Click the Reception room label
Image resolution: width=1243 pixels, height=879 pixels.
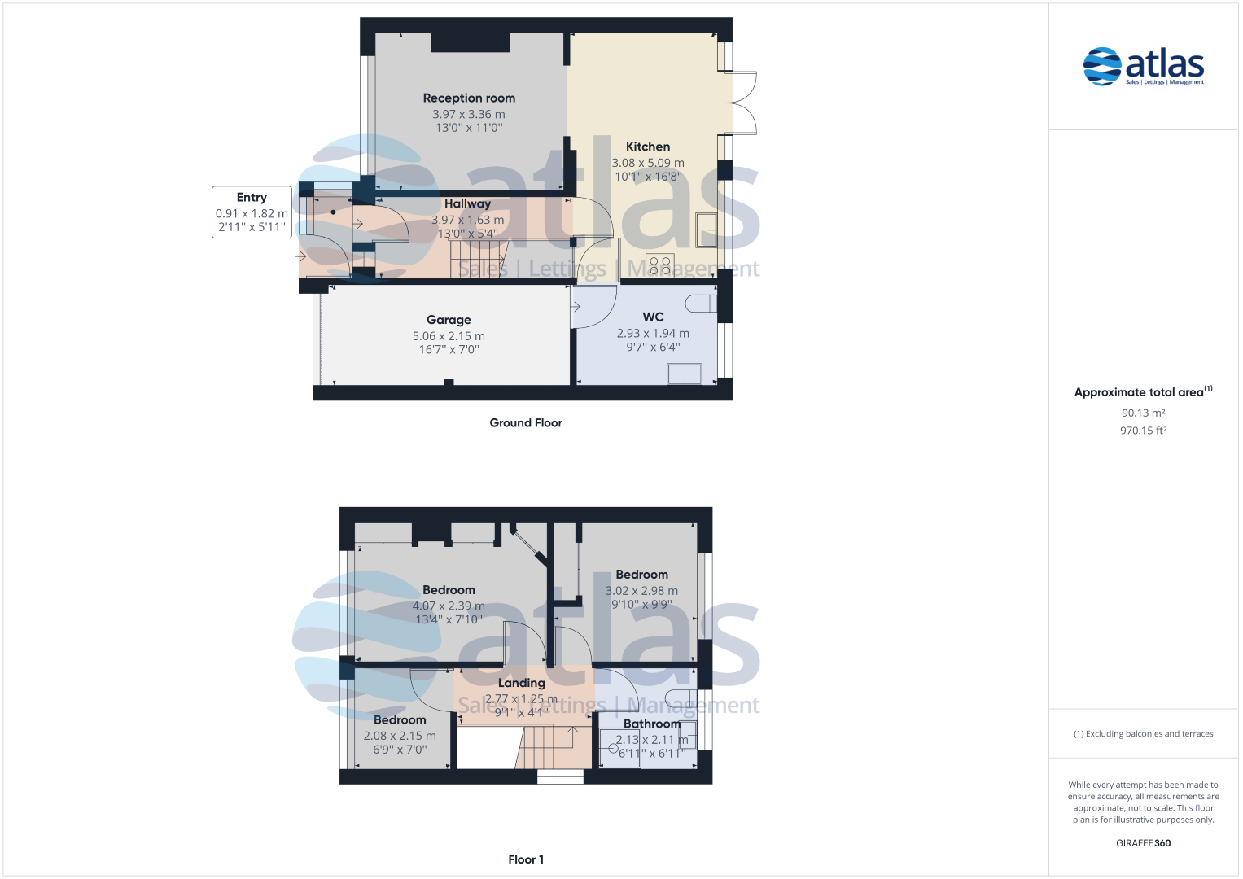tap(469, 98)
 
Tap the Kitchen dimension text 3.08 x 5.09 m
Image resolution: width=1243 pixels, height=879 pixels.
tap(648, 163)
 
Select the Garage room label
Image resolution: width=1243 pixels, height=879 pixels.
tap(449, 320)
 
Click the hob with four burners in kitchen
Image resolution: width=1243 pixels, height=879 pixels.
tap(660, 265)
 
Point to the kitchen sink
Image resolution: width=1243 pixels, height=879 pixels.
tap(706, 230)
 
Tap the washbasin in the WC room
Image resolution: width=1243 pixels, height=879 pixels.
tap(684, 374)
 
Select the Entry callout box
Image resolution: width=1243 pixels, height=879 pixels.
tap(252, 212)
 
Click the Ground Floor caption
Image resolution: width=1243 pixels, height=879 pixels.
tap(526, 422)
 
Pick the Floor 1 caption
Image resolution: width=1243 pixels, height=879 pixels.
tap(526, 859)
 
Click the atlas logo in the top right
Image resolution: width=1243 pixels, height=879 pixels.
tap(1143, 66)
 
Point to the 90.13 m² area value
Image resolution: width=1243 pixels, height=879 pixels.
tap(1143, 413)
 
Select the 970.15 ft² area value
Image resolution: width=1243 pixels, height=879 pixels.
tap(1143, 431)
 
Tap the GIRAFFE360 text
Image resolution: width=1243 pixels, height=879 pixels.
tap(1143, 843)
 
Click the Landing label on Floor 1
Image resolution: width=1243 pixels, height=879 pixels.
tap(521, 683)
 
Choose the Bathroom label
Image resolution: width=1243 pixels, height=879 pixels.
tap(651, 724)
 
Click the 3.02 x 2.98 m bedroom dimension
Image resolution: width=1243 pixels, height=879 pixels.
tap(641, 591)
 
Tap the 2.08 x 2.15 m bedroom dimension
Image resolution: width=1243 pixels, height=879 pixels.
tap(400, 736)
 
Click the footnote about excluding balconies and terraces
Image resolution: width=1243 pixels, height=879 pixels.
tap(1143, 734)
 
